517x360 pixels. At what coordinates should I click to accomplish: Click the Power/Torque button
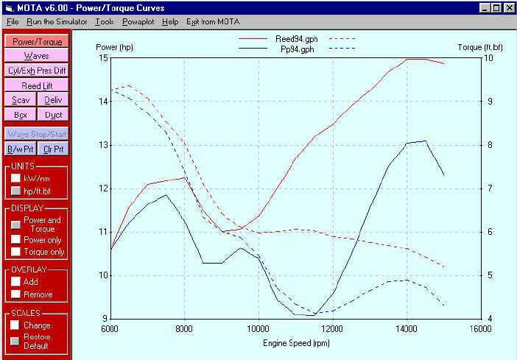coord(37,42)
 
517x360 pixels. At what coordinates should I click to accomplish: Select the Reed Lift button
coord(37,85)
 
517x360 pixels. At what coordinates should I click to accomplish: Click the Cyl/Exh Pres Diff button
coord(37,71)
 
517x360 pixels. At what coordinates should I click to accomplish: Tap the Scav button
coord(21,100)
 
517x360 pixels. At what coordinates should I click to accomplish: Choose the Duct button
coord(53,115)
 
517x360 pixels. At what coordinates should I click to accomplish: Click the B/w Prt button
coord(21,149)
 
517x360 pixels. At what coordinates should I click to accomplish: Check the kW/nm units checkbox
coord(16,178)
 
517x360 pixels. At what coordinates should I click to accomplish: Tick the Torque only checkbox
coord(16,252)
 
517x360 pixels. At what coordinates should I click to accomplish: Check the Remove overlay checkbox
coord(16,294)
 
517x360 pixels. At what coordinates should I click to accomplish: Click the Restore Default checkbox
coord(16,341)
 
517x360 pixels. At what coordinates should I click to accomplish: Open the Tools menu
coord(105,22)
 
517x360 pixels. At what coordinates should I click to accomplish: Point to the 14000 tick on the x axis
coord(407,328)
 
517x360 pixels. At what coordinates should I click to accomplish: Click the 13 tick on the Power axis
coord(102,145)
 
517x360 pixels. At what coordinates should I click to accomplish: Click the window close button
coord(507,7)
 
